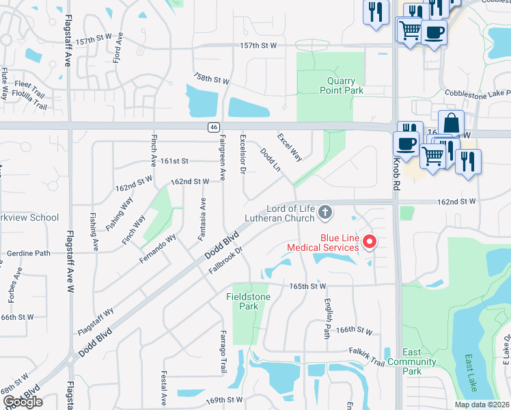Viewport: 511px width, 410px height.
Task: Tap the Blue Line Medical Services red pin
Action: (x=370, y=241)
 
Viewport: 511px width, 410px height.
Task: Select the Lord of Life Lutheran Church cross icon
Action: (x=325, y=213)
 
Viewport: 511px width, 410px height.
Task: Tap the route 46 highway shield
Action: (x=213, y=126)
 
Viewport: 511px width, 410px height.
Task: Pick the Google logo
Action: (x=23, y=402)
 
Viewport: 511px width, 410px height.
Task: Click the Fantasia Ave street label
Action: (x=202, y=219)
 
